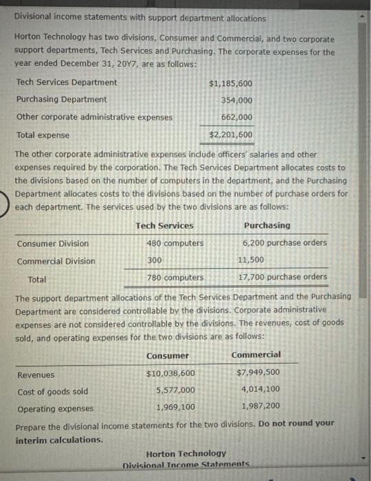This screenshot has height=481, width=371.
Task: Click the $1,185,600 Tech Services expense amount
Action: [x=230, y=83]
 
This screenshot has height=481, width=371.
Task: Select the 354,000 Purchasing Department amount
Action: [x=236, y=100]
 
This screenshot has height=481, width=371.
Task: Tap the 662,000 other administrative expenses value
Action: [x=236, y=117]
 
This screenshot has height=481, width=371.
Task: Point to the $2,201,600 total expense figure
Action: [x=230, y=135]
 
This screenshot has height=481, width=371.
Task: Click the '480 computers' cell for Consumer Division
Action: [x=175, y=243]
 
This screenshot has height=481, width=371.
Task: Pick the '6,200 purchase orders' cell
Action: [x=284, y=243]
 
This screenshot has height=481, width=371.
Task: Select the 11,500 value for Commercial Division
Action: [x=251, y=260]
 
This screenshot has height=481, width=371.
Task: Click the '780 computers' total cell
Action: [x=175, y=278]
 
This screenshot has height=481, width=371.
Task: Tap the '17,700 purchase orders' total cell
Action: [x=282, y=278]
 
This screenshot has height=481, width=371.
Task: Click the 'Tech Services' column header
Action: [x=164, y=225]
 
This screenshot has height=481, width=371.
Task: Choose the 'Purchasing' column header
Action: [x=267, y=225]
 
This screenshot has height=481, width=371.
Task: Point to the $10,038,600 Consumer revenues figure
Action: [x=170, y=374]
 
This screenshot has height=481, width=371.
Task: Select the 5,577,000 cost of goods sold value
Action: [x=175, y=390]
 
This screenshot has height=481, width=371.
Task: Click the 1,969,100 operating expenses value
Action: [x=175, y=407]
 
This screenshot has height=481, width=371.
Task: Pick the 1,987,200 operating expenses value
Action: [x=260, y=407]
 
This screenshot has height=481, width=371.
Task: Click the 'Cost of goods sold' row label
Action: [x=52, y=391]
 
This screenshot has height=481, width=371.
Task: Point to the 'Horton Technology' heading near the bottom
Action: [x=185, y=454]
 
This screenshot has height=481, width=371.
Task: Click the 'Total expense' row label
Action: [x=43, y=135]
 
